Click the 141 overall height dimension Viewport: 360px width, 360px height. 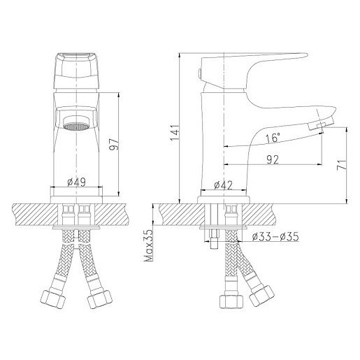[x=175, y=133]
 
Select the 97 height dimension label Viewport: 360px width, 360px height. [x=115, y=145]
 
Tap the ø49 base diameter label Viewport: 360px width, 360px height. [x=76, y=182]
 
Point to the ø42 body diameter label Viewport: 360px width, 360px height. [x=223, y=185]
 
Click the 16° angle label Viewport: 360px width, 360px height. [x=273, y=138]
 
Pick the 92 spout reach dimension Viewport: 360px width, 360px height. [x=273, y=159]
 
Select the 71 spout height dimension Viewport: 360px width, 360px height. [x=342, y=164]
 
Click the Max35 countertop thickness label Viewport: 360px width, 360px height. [x=148, y=245]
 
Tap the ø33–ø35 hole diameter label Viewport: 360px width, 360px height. [x=275, y=237]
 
